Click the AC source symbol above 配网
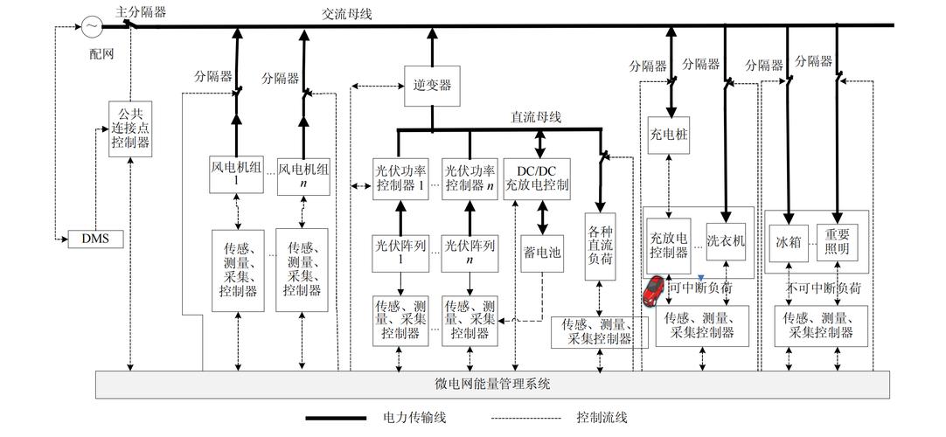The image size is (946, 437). point(92,27)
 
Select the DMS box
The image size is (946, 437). point(95,238)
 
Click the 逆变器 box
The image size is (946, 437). point(432,86)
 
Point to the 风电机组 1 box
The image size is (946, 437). point(235,175)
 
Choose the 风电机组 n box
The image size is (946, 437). point(303,175)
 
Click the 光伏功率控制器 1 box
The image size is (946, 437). point(401,178)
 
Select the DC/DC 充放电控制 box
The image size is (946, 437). point(537,178)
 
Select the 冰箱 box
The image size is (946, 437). point(789,239)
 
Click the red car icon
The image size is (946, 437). point(653,292)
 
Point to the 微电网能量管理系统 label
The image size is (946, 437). point(492,385)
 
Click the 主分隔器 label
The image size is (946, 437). point(140,10)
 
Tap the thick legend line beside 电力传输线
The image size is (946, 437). point(336,419)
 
